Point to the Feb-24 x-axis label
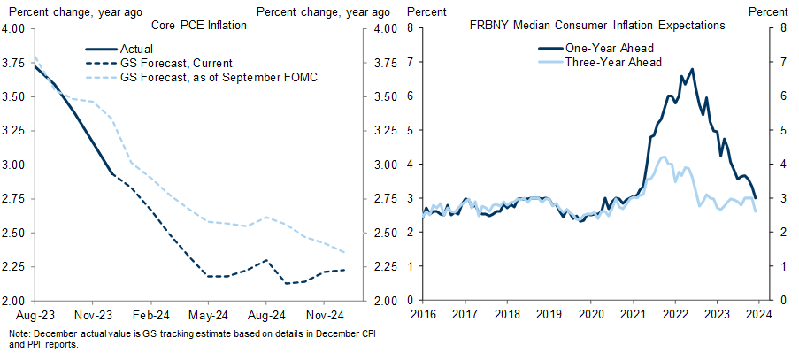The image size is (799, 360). (x=150, y=314)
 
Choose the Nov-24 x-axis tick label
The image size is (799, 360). (x=325, y=314)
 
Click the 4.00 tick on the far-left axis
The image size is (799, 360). (x=18, y=28)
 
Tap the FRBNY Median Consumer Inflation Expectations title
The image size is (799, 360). (x=598, y=26)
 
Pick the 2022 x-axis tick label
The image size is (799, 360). (x=676, y=314)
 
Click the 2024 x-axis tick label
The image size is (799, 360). (x=760, y=314)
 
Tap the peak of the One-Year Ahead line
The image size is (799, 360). (x=692, y=69)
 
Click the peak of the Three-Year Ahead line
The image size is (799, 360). (x=664, y=157)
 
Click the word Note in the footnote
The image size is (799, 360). (x=18, y=334)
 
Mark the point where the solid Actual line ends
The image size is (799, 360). (x=112, y=172)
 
